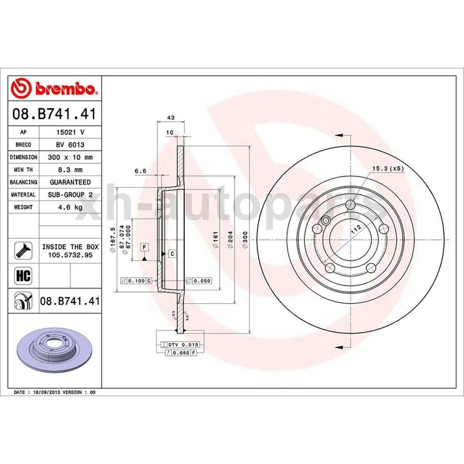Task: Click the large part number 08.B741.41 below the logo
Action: [55, 115]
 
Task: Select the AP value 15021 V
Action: [70, 131]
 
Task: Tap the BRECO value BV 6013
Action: [70, 145]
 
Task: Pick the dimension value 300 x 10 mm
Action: [70, 157]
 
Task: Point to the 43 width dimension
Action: [170, 117]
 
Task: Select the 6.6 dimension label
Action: [140, 170]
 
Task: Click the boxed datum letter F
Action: [144, 247]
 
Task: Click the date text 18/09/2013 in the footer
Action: [48, 392]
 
